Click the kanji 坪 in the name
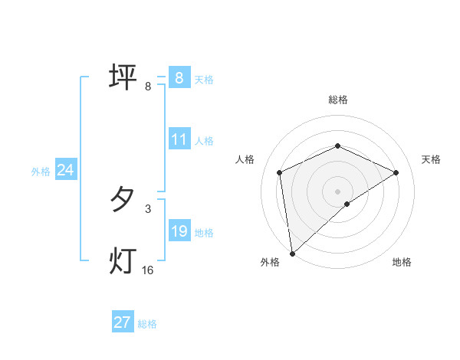[x=122, y=77]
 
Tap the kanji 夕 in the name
[x=122, y=201]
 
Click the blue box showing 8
[x=179, y=77]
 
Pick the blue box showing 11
[x=179, y=139]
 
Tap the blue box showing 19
[x=179, y=231]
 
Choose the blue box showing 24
[x=66, y=170]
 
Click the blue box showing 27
[x=122, y=322]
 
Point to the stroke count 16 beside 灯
[x=148, y=270]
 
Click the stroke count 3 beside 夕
[x=148, y=208]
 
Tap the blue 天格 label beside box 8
[x=204, y=80]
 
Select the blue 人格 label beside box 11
[x=204, y=141]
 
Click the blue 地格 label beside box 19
[x=204, y=233]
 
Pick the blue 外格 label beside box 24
[x=41, y=172]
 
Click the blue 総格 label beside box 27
[x=147, y=324]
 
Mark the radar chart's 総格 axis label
[x=338, y=100]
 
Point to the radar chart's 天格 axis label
[x=432, y=159]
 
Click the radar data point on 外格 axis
[x=293, y=253]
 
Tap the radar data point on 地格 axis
[x=347, y=204]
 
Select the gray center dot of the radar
[x=338, y=191]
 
